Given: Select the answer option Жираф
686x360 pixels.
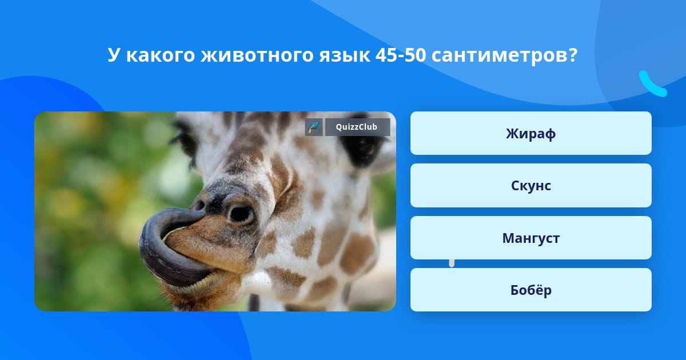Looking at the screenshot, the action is tap(531, 133).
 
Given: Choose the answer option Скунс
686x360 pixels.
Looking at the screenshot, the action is tap(531, 186).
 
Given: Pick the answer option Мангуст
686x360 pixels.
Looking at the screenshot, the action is tap(531, 238).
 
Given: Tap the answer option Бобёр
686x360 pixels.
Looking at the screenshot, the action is tap(531, 290).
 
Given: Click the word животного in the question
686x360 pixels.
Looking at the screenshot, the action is tap(260, 55).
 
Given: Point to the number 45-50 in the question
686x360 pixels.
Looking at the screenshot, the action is tap(401, 55).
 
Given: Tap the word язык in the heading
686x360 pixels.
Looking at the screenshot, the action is tap(345, 55).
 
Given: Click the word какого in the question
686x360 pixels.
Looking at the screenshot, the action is tap(161, 55).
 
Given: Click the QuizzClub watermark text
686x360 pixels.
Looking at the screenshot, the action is tap(357, 127).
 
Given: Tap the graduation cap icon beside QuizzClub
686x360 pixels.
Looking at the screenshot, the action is tap(314, 127).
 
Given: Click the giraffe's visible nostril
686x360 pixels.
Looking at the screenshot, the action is tap(241, 214).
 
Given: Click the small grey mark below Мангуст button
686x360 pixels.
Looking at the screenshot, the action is tap(452, 263).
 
